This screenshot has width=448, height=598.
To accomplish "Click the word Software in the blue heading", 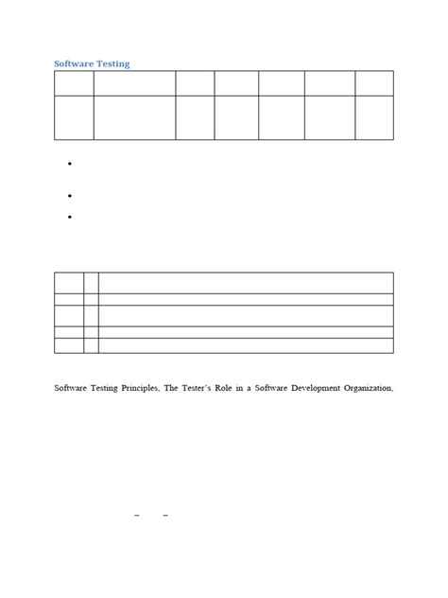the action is point(74,63).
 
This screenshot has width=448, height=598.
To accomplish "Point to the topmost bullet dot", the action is point(71,165).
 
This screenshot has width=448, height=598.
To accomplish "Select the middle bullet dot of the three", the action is point(71,195).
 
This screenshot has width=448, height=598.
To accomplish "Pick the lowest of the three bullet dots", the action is point(71,218).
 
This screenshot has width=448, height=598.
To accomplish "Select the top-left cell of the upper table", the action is point(74,82).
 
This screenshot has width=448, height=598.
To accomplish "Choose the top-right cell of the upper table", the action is point(374,82).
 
